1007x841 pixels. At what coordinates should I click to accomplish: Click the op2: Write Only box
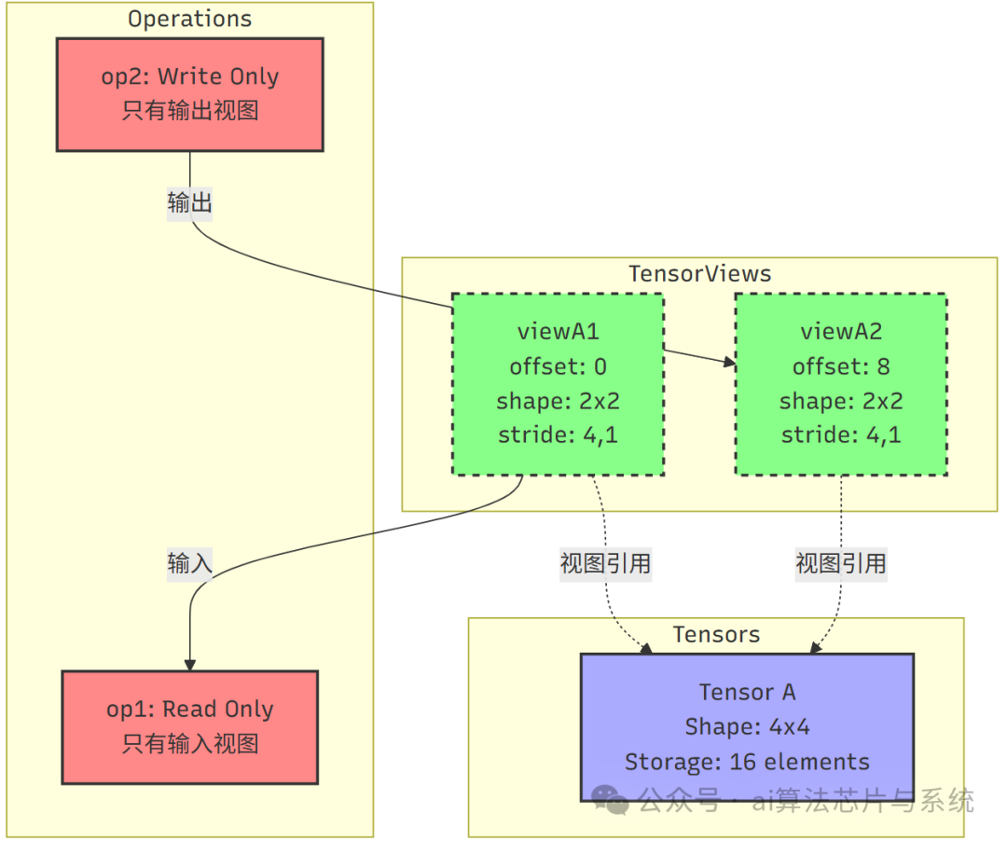(189, 94)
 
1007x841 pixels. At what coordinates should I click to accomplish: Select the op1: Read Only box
(189, 726)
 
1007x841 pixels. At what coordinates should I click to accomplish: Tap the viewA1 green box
(558, 384)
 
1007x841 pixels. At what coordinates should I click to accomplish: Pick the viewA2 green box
(840, 384)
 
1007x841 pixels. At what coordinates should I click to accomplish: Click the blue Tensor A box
(746, 726)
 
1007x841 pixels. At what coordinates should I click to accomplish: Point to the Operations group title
(189, 19)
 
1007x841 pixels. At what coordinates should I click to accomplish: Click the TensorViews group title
(699, 273)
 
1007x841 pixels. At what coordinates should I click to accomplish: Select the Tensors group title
(716, 634)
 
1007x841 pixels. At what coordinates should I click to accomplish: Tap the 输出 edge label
(190, 202)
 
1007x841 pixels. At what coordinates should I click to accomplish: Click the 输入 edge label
(190, 563)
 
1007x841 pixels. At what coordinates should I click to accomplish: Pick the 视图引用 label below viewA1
(605, 563)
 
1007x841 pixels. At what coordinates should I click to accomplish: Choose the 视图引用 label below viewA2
(840, 563)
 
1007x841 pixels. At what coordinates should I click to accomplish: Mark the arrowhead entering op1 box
(190, 664)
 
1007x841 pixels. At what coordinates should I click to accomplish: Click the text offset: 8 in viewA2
(840, 366)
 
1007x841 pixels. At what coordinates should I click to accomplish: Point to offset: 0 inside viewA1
(558, 366)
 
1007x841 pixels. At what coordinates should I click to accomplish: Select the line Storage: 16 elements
(746, 762)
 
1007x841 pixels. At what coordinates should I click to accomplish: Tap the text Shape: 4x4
(746, 727)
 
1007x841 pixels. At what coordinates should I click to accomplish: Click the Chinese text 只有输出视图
(189, 112)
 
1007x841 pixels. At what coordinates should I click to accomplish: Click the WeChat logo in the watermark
(612, 800)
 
